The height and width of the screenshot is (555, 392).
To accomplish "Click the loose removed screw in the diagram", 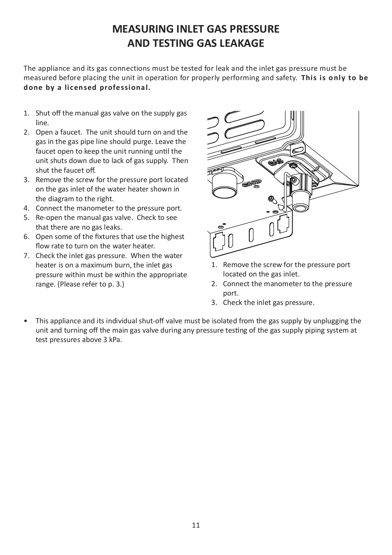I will point(271,199).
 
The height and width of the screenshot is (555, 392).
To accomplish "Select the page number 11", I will point(196,525).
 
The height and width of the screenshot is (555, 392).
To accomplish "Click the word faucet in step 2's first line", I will point(73,132).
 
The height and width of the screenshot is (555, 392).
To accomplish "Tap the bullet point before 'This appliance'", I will point(26,321).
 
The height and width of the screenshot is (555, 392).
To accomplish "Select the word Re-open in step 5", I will point(48,217).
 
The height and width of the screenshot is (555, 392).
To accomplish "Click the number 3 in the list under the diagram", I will point(214,302).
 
